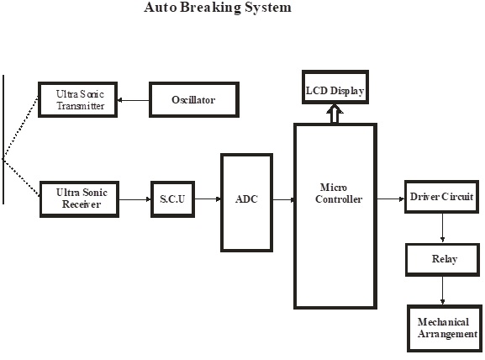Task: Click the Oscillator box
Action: pos(194,100)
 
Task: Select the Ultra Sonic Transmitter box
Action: pos(77,100)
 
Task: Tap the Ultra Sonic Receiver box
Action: pos(80,199)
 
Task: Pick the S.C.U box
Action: pos(172,199)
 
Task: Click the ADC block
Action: pos(246,203)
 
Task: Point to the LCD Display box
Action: pos(335,87)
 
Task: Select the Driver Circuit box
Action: pos(441,197)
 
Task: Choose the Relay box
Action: pos(443,260)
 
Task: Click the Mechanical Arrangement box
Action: pos(445,328)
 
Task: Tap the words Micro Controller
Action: pos(339,193)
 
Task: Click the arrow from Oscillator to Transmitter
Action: pos(134,100)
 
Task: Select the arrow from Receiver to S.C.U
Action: pos(135,199)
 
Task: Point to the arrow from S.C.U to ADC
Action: pos(208,199)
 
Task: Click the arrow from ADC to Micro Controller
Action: pos(283,199)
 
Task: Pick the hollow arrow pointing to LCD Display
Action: pos(335,114)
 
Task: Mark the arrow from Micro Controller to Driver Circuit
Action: pos(391,199)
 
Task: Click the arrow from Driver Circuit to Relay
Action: pos(442,228)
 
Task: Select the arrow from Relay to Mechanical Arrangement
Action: pos(442,290)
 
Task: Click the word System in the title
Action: pos(268,8)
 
